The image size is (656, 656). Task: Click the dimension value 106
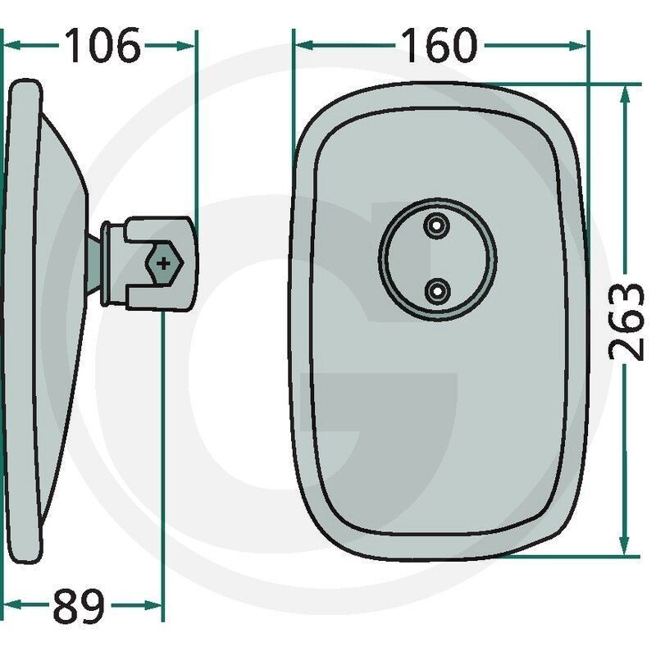tap(103, 46)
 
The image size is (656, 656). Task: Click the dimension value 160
tap(439, 45)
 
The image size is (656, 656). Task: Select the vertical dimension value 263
tap(626, 321)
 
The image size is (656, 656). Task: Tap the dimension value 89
tap(79, 605)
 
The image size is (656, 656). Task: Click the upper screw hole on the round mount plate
tap(437, 225)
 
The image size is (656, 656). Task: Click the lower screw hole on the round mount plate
tap(438, 290)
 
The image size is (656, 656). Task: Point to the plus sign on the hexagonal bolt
tap(163, 263)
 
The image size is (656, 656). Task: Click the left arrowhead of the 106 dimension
tap(11, 45)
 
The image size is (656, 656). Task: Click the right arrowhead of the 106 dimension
tap(185, 46)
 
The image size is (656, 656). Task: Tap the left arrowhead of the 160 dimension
tap(304, 45)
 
